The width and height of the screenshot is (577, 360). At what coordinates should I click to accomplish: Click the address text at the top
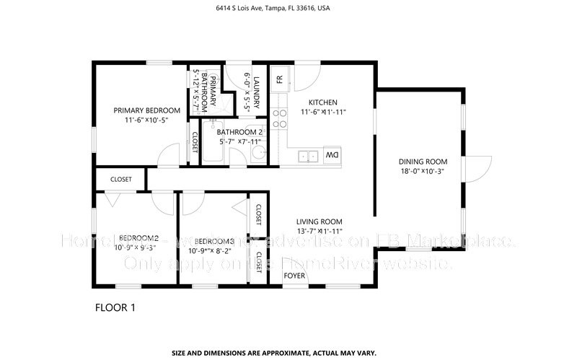[288, 9]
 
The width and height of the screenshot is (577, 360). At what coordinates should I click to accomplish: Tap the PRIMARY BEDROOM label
[146, 110]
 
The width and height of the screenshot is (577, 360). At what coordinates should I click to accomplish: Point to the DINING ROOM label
[423, 161]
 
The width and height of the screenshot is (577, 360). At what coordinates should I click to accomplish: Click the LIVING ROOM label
[319, 221]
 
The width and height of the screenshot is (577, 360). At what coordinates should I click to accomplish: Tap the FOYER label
[294, 276]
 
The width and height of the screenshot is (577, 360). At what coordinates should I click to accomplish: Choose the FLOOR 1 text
[115, 308]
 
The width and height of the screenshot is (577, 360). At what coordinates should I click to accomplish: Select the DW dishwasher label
[332, 156]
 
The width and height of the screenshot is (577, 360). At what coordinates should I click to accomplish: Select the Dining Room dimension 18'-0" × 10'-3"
[423, 171]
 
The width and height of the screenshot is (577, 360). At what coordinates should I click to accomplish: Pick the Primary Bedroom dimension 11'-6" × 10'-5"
[146, 120]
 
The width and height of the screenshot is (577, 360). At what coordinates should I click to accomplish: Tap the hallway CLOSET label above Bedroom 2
[120, 180]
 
